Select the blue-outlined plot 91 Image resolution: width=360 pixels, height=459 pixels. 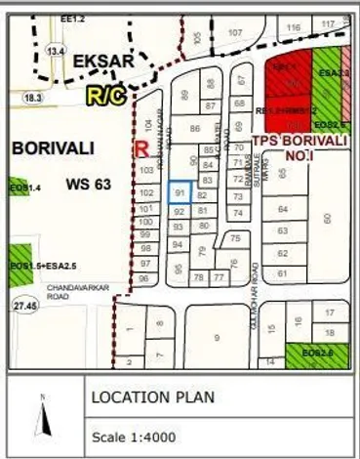click(180, 193)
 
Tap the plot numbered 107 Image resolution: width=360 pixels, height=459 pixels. click(235, 32)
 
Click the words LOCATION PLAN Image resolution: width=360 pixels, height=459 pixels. click(152, 398)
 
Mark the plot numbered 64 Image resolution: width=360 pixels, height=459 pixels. click(283, 210)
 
